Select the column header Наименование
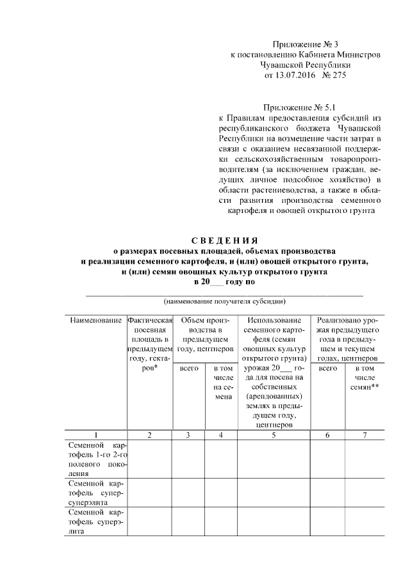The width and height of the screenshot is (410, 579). point(95,319)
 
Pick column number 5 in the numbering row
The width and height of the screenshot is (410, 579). point(274,435)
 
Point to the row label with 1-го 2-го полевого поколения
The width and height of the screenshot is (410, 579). point(95,459)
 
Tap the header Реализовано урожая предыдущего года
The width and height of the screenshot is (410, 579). point(347,339)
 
